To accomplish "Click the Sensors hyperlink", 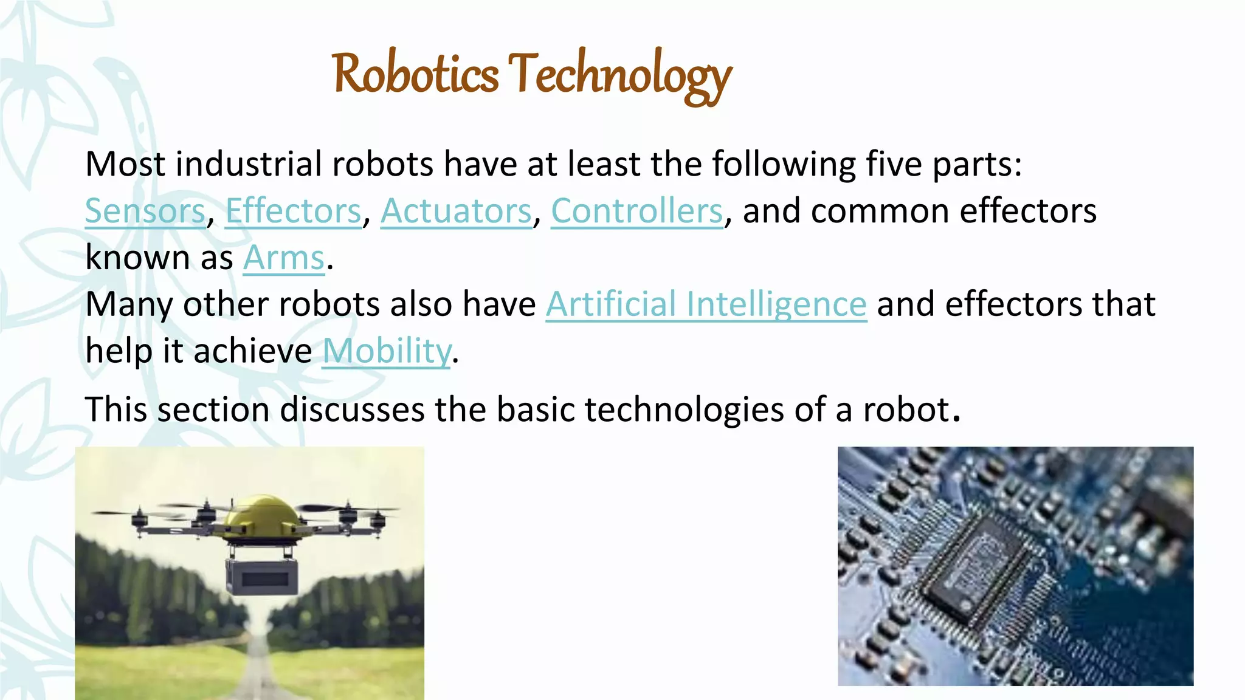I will (x=145, y=211).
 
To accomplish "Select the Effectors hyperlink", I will (x=293, y=211).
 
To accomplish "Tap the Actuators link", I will (x=456, y=211).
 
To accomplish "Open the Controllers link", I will (x=637, y=211).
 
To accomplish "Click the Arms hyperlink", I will (x=284, y=258).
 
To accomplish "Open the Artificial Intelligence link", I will (x=706, y=304).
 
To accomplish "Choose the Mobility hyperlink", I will (x=387, y=351).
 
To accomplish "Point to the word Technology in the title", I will (x=620, y=76).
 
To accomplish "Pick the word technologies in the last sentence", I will (x=684, y=410).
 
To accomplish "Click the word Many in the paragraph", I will (x=129, y=304).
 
